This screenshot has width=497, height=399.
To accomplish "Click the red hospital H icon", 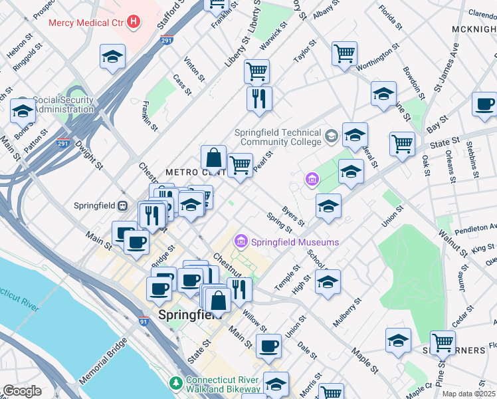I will point(135,22).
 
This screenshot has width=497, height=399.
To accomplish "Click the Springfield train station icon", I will point(123,205).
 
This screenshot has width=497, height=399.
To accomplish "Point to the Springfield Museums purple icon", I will point(241,242).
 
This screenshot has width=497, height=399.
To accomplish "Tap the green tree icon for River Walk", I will point(175,383).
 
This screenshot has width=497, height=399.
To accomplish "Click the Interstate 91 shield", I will point(143,321).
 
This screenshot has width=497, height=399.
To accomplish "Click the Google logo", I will point(23,391).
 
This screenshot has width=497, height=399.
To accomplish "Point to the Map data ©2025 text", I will point(468,394).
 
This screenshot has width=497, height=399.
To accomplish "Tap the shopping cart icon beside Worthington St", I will point(344,53).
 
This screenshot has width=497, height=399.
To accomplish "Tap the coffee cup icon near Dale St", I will point(268,345).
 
